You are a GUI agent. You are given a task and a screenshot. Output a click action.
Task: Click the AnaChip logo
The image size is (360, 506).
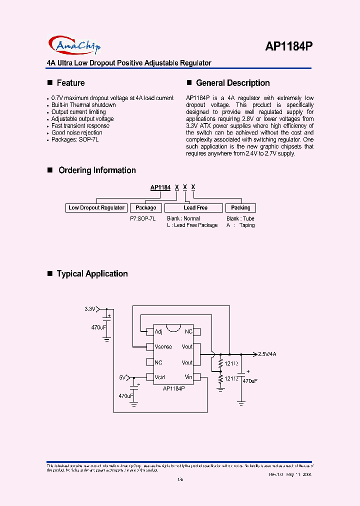click(75, 45)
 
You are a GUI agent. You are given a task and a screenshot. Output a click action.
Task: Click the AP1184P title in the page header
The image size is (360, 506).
click(289, 46)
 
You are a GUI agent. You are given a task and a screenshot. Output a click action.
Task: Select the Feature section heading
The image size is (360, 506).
click(70, 83)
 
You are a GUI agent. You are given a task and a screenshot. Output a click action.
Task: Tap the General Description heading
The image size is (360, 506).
click(232, 83)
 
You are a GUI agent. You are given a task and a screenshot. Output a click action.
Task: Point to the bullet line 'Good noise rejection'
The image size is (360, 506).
click(76, 132)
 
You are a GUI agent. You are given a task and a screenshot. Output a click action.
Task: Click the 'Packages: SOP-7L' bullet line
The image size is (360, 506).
click(75, 139)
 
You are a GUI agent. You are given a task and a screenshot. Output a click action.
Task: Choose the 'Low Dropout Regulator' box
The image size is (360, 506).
click(96, 207)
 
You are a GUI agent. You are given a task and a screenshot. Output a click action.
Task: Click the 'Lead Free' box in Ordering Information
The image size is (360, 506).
click(195, 207)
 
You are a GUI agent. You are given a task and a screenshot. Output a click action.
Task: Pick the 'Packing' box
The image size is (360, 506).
click(240, 207)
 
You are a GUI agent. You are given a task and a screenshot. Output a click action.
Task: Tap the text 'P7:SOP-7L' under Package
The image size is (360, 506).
click(139, 218)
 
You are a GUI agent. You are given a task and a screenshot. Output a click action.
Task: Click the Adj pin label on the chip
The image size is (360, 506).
click(158, 331)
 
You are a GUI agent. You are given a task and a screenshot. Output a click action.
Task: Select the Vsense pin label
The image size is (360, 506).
click(163, 346)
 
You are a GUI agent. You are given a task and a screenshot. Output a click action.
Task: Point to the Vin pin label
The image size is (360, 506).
click(188, 377)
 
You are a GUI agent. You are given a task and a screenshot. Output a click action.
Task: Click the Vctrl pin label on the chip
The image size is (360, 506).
click(160, 377)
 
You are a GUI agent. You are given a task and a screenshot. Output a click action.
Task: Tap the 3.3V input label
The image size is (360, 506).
click(89, 309)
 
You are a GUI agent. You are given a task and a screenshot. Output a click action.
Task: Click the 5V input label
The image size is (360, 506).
click(122, 377)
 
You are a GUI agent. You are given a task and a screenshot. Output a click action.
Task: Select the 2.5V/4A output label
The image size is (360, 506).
click(267, 354)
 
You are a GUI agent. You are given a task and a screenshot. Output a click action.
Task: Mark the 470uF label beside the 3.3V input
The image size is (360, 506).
click(98, 327)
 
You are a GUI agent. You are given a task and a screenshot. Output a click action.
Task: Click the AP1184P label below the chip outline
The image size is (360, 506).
click(174, 388)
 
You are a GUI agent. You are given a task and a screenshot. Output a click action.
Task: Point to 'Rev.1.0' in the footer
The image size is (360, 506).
click(276, 474)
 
